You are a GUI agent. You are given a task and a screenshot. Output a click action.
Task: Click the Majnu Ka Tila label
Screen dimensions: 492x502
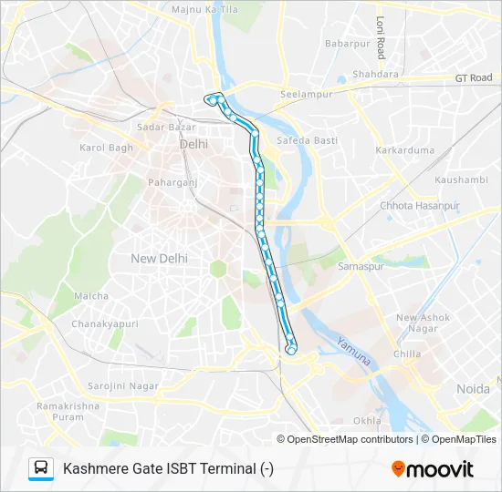(x=205, y=9)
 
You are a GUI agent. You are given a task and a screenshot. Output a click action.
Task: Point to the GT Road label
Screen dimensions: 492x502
(x=474, y=78)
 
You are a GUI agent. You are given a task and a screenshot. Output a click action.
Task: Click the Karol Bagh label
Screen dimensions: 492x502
(x=106, y=148)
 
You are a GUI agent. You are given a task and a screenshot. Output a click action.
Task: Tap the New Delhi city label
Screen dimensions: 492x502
(x=159, y=258)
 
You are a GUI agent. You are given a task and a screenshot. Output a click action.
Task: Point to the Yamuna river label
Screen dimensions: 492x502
(x=353, y=352)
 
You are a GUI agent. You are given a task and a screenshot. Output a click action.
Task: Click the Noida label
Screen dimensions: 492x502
(x=473, y=389)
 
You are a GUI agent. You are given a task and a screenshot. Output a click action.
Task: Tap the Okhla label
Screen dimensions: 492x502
(x=367, y=421)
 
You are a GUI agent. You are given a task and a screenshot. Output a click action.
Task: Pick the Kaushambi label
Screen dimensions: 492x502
(x=461, y=180)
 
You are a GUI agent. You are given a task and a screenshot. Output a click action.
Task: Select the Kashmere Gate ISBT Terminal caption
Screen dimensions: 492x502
(x=168, y=469)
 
